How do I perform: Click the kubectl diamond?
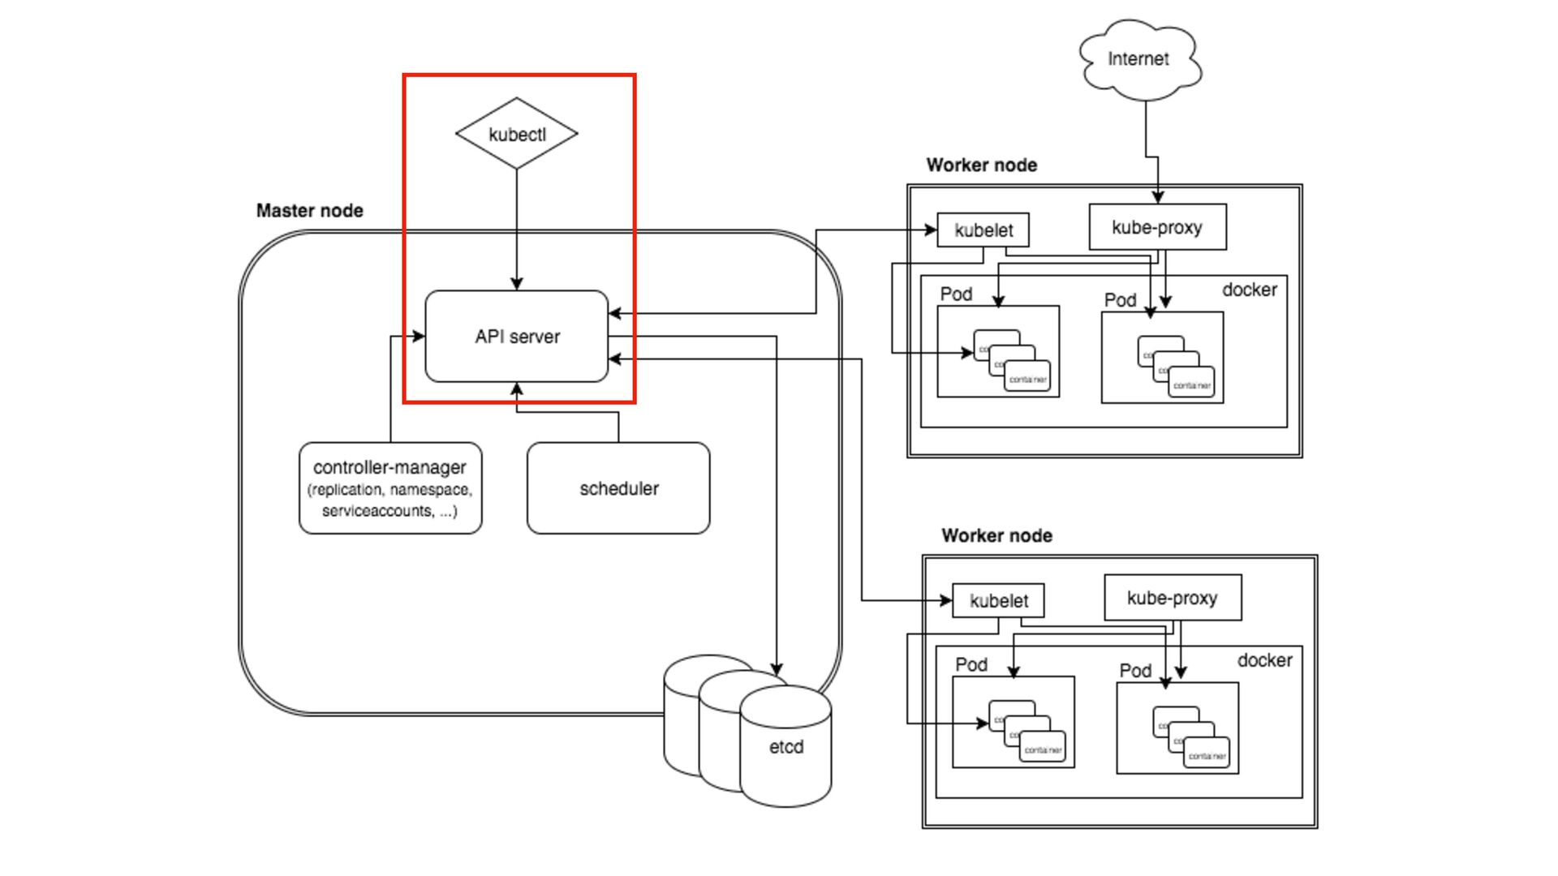517,134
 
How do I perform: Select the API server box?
517,336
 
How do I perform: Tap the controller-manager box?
390,487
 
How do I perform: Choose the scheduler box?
618,488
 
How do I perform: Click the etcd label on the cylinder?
785,747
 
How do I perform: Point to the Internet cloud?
1138,59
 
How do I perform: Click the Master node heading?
309,211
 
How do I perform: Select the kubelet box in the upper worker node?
983,230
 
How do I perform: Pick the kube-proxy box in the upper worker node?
1157,227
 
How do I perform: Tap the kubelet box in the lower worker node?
998,601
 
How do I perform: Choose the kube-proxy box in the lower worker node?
1173,598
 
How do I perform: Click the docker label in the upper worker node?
1250,290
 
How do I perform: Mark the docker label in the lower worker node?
1264,660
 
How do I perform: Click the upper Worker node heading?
981,165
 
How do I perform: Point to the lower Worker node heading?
996,536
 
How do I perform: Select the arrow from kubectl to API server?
517,227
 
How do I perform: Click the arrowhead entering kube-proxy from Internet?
1158,197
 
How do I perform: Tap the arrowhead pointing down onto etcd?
777,669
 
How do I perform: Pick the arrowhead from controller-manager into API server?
419,336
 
